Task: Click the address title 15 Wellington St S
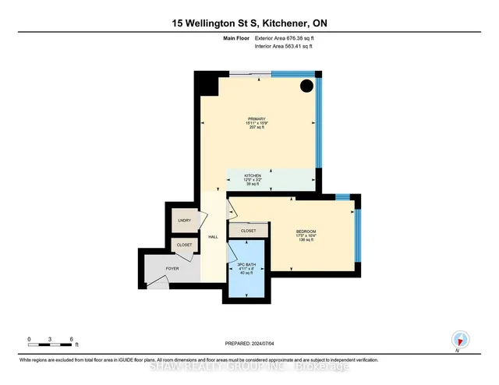pyautogui.click(x=249, y=23)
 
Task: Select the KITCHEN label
pyautogui.click(x=252, y=176)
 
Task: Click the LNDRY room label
pyautogui.click(x=184, y=221)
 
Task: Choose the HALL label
pyautogui.click(x=212, y=236)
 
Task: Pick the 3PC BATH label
pyautogui.click(x=246, y=263)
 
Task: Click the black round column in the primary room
pyautogui.click(x=307, y=85)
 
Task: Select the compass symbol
pyautogui.click(x=461, y=340)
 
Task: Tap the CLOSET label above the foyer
pyautogui.click(x=184, y=245)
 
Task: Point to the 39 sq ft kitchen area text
pyautogui.click(x=252, y=185)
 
